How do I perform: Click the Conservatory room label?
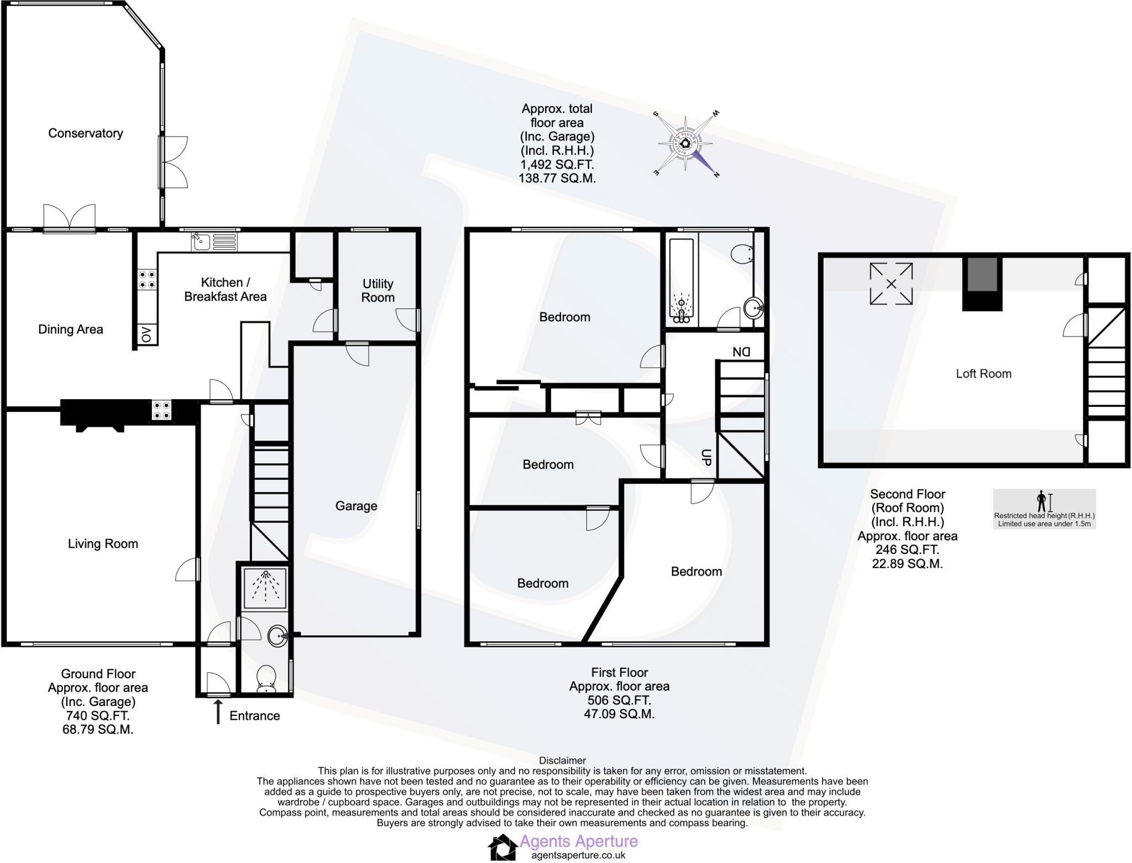pos(85,133)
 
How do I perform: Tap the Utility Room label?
pos(378,290)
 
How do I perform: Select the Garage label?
pos(356,506)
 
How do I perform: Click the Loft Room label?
pos(983,374)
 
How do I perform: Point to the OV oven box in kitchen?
pos(146,334)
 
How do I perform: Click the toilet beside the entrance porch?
pos(267,678)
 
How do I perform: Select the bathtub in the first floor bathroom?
pos(681,281)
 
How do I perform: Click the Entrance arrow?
pos(218,711)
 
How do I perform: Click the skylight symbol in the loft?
pos(890,284)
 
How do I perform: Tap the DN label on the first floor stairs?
pos(741,352)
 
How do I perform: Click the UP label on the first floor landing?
pos(705,457)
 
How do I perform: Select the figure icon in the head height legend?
pos(1041,501)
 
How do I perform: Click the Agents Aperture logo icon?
pos(502,847)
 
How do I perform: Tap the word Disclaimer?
pos(562,761)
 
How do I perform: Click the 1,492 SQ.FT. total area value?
pos(557,164)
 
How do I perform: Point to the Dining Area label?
pos(70,329)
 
